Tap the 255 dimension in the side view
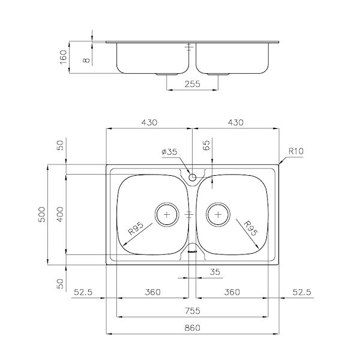coord(192,85)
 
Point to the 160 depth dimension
coord(64,58)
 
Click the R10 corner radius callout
coord(295,152)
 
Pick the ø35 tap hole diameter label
coord(170,152)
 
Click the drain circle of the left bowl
coord(167,214)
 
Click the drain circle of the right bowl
coord(218,214)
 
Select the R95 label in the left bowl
coord(137,231)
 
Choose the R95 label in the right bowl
coord(249,230)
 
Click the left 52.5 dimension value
coord(84,292)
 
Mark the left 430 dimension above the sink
coord(149,122)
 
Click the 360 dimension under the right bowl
coord(232,292)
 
